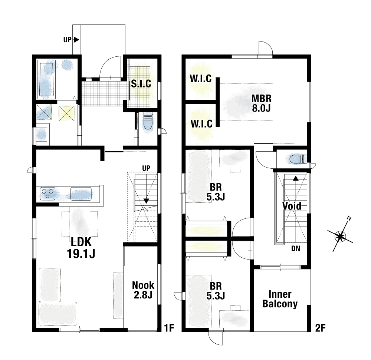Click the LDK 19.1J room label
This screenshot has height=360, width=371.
coord(81,248)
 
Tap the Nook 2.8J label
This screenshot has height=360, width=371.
coord(143,290)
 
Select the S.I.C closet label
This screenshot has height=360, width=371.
coord(141,84)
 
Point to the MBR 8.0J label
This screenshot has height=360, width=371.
coord(261,103)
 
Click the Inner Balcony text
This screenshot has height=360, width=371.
coord(280,299)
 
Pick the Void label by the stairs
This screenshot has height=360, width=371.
coord(292,206)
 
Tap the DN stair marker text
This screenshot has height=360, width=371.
coord(296,248)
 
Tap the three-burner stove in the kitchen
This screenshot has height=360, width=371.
coord(47,194)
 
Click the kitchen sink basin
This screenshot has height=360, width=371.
coord(81,194)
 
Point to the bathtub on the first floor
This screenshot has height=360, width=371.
coord(46,79)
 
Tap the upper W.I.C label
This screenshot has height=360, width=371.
coord(201,79)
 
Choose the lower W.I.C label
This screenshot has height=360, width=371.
coord(201,123)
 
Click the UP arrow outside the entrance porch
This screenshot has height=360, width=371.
coord(76,40)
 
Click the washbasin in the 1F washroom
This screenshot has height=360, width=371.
coord(42,134)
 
